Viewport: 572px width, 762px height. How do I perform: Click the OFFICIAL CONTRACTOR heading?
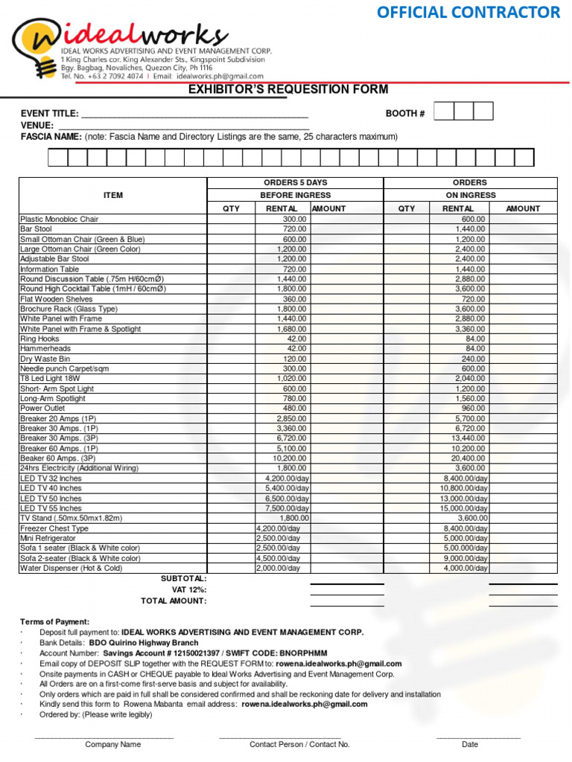[468, 13]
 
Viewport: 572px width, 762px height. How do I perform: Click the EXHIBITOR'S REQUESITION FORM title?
[287, 90]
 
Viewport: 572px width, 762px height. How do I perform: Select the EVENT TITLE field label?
[49, 114]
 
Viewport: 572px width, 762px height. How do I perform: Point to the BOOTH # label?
[404, 114]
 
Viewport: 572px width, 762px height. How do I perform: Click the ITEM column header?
[113, 195]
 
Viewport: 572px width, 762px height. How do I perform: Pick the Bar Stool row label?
[36, 229]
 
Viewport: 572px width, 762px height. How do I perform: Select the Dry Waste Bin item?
[45, 359]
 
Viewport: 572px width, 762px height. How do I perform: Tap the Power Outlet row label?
[42, 409]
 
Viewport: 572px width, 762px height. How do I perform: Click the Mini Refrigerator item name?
[48, 538]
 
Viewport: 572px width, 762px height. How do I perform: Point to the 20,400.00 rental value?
[468, 458]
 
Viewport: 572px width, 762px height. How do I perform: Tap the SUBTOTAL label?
[184, 578]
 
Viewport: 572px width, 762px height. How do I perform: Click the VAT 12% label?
[189, 589]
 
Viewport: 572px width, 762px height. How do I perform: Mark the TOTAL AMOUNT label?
[174, 601]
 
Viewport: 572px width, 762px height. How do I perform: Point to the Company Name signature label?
[112, 744]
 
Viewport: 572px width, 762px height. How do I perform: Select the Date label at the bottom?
[470, 744]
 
